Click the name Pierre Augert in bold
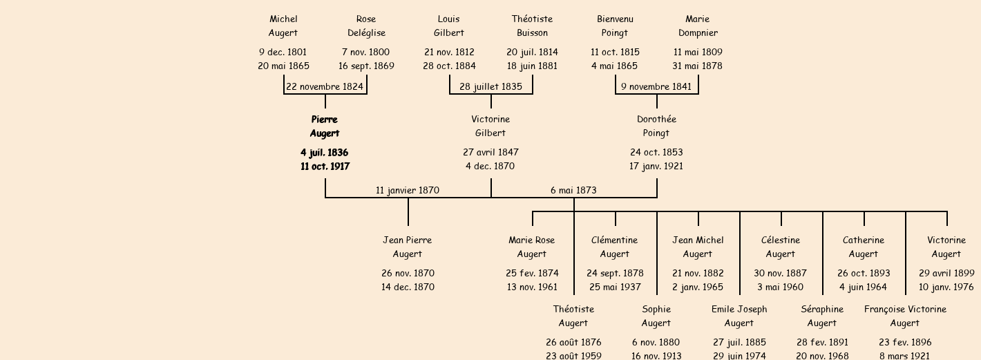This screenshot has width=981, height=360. coord(325,126)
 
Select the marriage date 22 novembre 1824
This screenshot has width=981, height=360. coord(325,86)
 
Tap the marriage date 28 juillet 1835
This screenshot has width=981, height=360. coord(490,86)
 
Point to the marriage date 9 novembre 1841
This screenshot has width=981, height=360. coord(656,86)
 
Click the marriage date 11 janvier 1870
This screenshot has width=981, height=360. coord(408,190)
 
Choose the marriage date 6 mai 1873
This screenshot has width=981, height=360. coord(573,190)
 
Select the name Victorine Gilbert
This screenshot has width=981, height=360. coord(490,126)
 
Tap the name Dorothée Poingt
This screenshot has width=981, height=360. coord(656,126)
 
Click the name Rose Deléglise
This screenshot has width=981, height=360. coord(366,26)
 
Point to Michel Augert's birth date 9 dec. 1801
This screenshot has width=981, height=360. coord(283,52)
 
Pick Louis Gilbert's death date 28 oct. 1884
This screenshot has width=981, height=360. coord(449,66)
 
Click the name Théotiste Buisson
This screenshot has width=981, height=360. coord(532,26)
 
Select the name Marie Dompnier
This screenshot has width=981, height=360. coord(698,26)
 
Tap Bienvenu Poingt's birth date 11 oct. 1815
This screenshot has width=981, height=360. coord(615,52)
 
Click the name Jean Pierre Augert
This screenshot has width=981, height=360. coord(408,247)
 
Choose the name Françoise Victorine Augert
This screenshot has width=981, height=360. coord(905,316)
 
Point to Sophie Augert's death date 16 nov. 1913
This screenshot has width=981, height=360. coord(656,356)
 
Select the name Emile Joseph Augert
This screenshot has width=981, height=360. coord(739,316)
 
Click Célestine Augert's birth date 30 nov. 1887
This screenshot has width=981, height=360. coord(781,273)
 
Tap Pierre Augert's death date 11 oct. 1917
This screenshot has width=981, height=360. coord(325,167)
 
